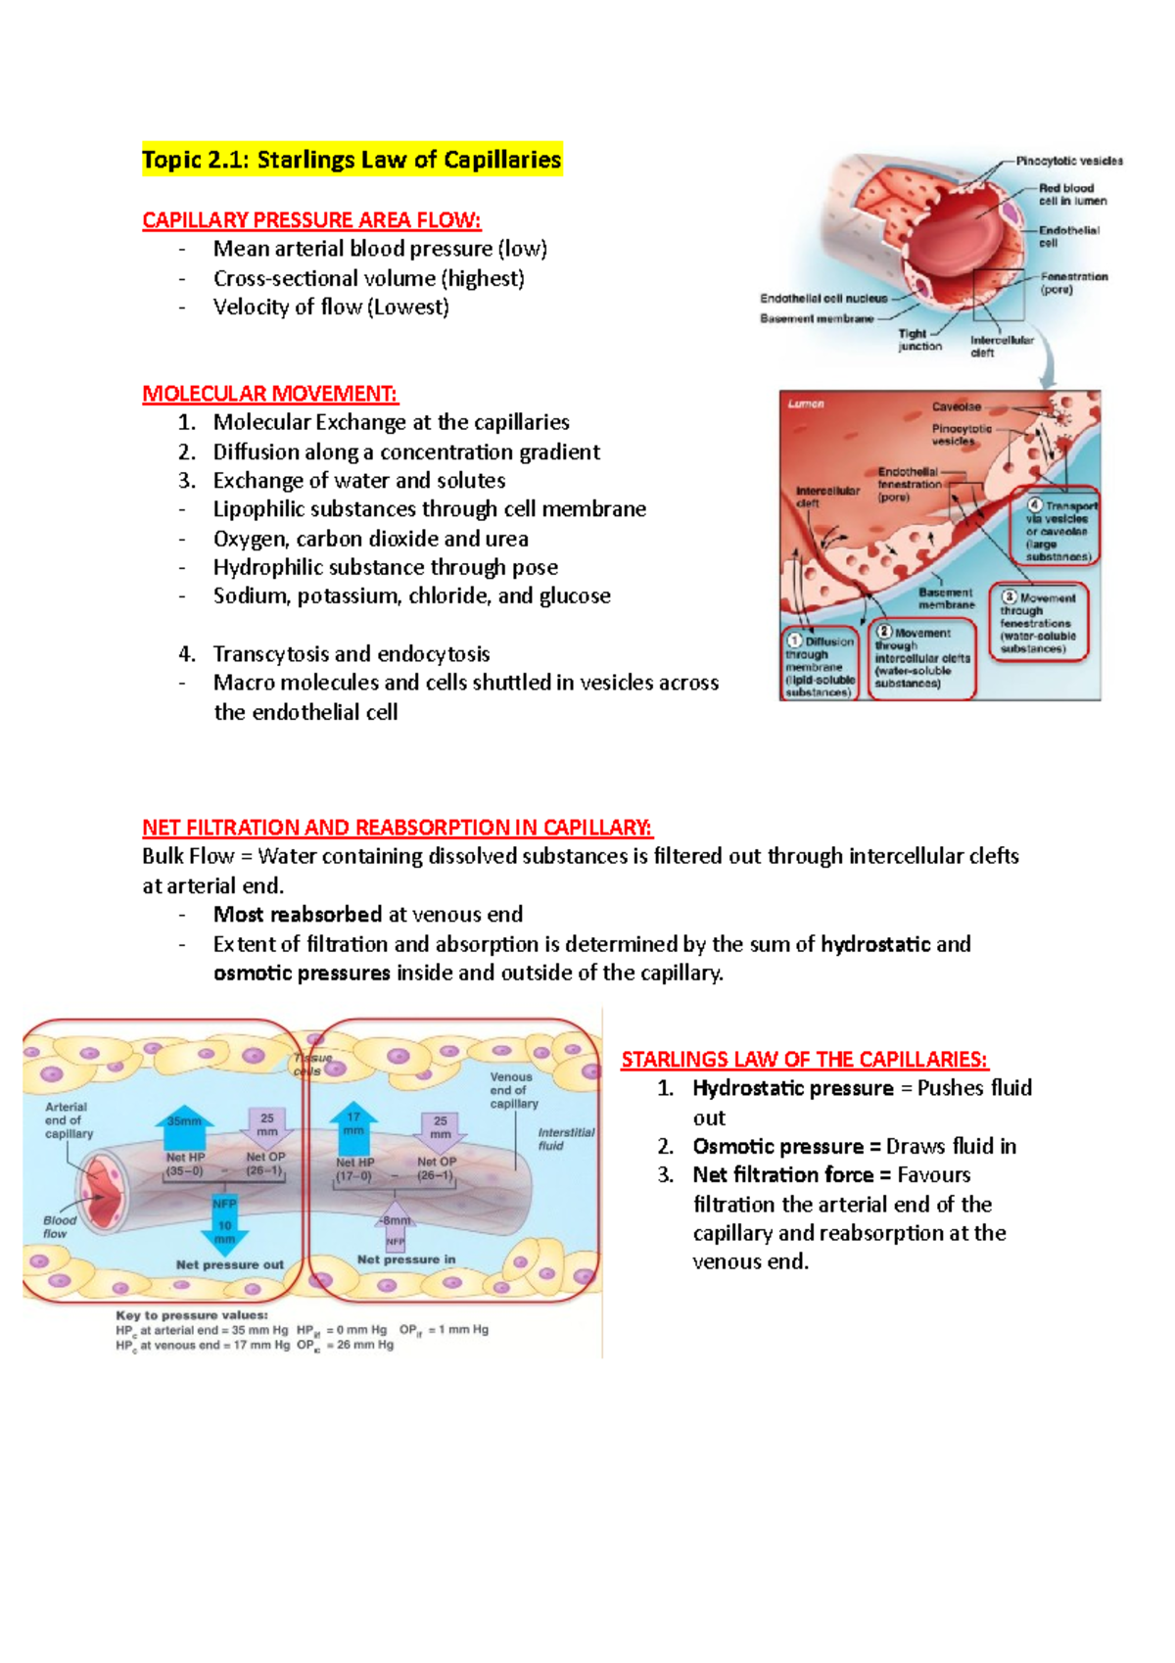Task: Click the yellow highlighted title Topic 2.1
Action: point(352,160)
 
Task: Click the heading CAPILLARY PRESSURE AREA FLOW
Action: point(311,220)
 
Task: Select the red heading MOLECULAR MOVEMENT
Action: point(270,394)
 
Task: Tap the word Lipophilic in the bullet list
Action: point(258,509)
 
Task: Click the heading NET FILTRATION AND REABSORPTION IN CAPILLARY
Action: point(397,828)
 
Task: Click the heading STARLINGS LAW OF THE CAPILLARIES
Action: point(804,1060)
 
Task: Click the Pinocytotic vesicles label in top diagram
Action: point(1068,161)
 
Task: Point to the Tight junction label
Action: point(918,340)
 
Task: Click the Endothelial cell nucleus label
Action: point(823,299)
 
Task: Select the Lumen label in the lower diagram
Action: point(806,404)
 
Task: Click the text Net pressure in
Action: point(406,1259)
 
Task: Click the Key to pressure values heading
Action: point(192,1315)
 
